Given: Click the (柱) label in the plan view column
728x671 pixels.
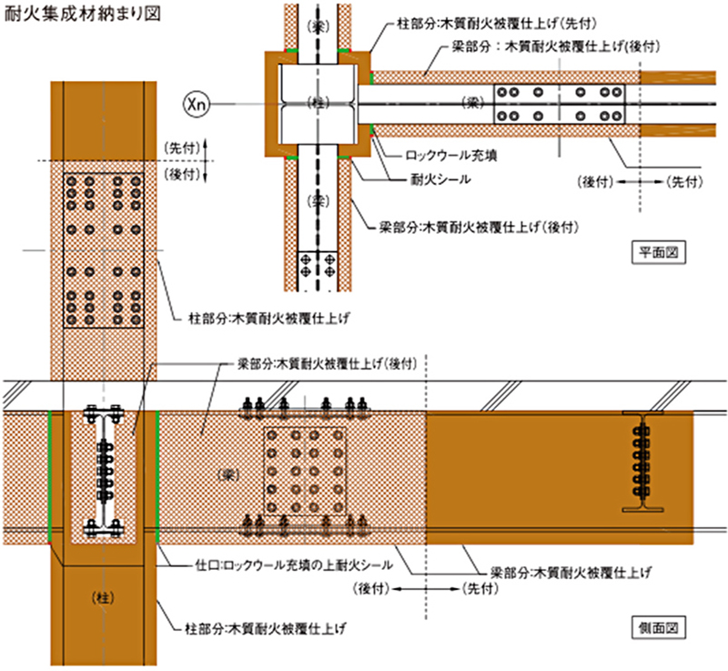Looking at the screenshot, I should (316, 100).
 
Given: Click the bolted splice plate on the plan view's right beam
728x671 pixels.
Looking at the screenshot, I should (561, 104).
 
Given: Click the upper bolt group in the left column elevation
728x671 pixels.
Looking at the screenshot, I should (103, 202).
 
